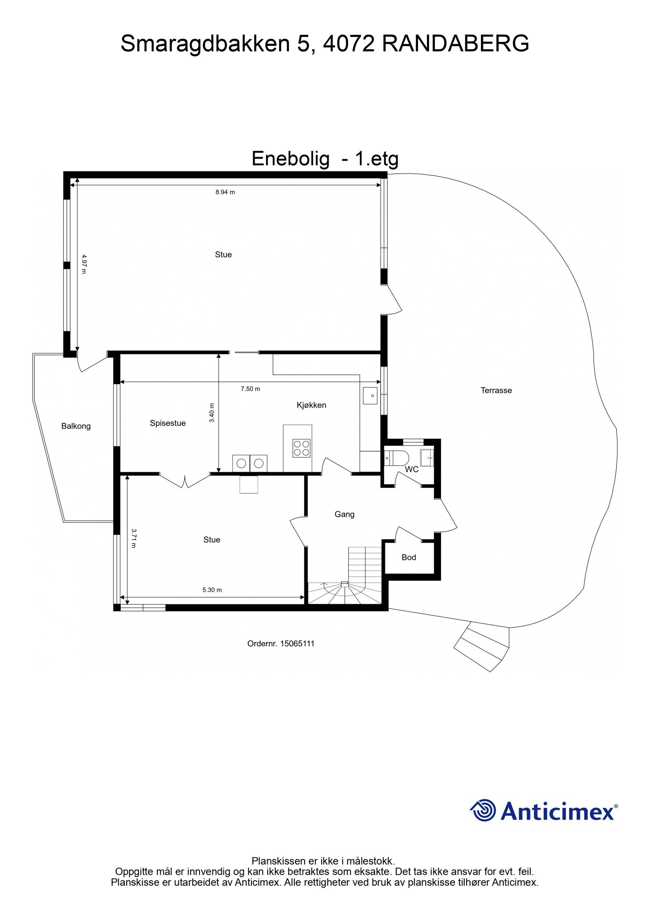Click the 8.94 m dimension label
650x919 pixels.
coord(225,192)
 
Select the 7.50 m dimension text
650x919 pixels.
coord(250,389)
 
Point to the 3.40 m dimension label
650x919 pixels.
coord(212,413)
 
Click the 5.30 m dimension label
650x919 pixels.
coord(212,590)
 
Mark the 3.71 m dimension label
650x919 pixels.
coord(133,538)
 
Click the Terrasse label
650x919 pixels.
coord(496,390)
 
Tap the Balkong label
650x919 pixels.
coord(76,426)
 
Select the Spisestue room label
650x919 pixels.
coord(168,423)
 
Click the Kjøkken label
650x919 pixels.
coord(311,405)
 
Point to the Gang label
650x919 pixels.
coord(344,514)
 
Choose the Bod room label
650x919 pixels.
coord(409,557)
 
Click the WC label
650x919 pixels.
coord(412,469)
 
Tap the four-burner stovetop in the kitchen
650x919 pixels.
coord(301,448)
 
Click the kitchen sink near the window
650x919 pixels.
coord(370,396)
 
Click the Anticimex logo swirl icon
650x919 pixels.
coord(483,810)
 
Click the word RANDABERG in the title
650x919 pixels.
coord(455,43)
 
